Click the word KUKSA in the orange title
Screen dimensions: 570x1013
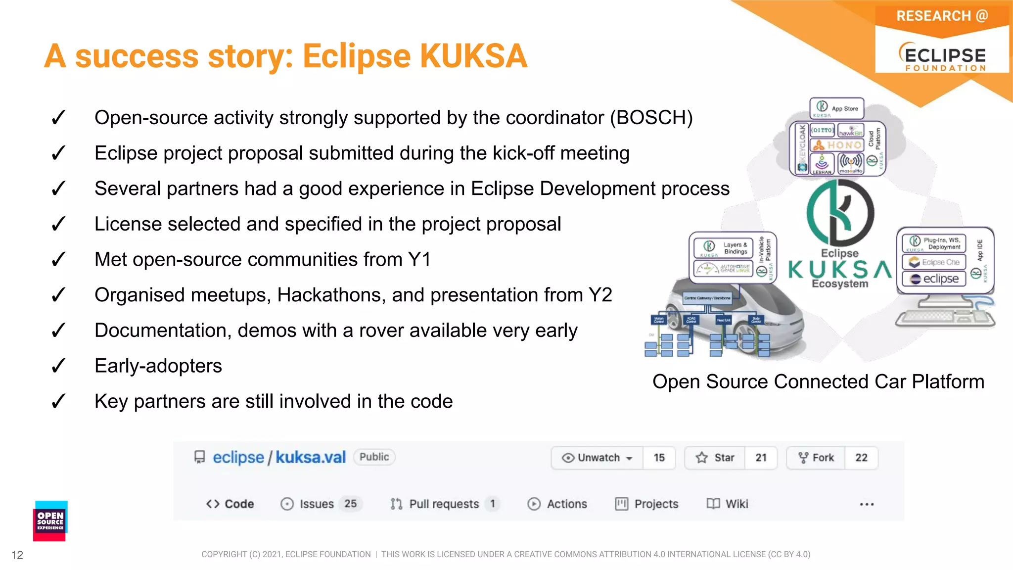point(474,56)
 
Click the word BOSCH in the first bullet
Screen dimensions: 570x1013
point(650,118)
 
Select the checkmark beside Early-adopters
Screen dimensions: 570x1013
point(58,366)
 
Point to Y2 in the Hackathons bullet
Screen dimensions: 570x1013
point(600,295)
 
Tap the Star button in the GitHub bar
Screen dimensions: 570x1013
point(715,458)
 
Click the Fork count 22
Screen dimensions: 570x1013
point(861,458)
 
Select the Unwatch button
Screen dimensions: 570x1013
point(598,458)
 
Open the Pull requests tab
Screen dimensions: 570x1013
point(443,504)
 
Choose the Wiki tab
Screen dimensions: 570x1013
point(728,504)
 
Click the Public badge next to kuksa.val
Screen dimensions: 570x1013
point(374,457)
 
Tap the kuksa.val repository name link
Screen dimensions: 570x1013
point(311,457)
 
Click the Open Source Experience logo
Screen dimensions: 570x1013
point(50,521)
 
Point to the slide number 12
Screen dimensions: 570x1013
point(17,555)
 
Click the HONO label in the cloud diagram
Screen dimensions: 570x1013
point(843,145)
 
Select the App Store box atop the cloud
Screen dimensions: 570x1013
point(837,108)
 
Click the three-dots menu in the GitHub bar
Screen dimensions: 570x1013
point(867,504)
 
